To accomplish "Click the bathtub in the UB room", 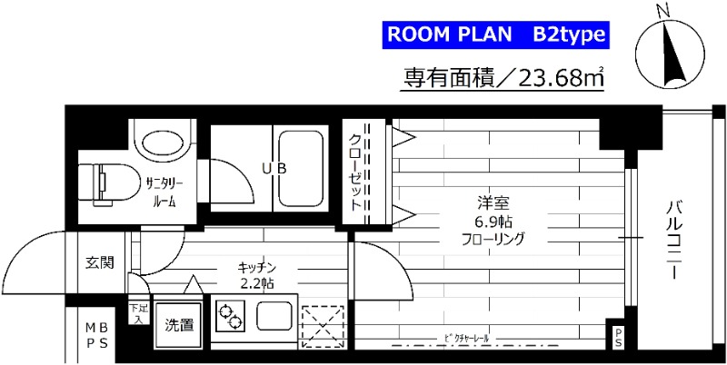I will point(301,168).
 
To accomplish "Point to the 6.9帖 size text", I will point(492,222).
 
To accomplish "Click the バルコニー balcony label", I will point(674,231).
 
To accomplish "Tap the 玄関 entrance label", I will point(99,264).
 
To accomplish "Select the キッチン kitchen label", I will point(256,267).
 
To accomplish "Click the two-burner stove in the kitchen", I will point(232,319).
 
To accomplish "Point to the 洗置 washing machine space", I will point(178,324).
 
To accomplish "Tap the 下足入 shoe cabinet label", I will point(139,312).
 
